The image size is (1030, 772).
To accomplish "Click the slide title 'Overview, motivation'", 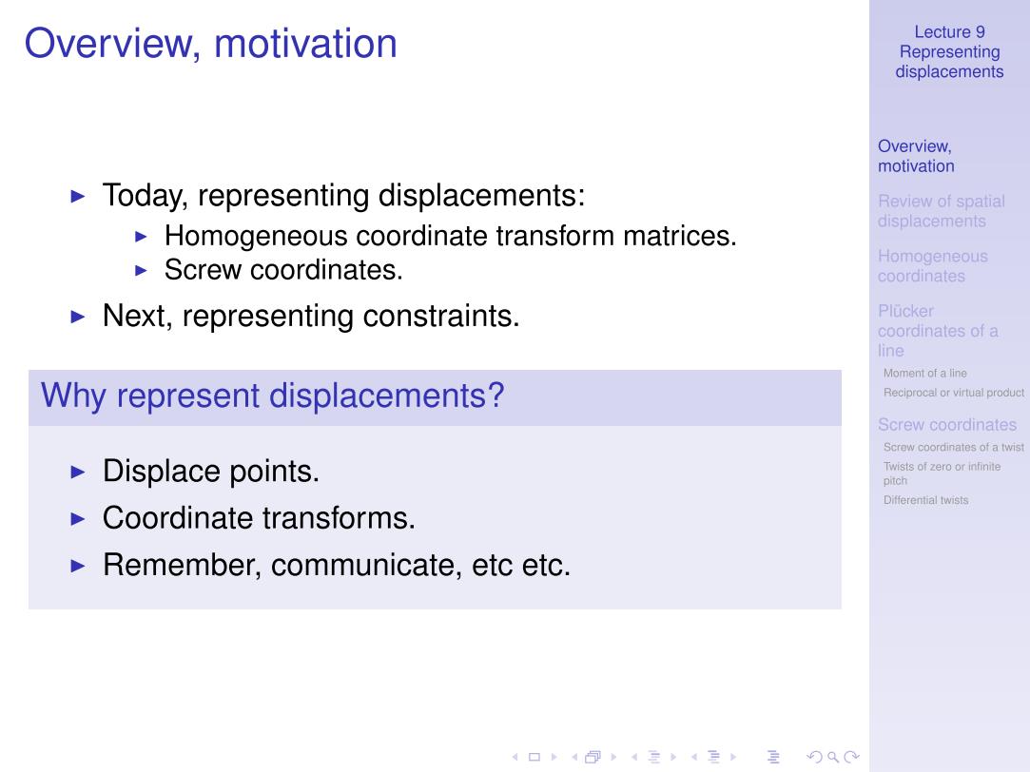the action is [211, 44].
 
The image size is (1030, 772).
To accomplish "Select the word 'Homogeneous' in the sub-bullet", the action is [256, 237].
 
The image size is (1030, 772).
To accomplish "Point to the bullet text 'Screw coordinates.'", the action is [283, 270].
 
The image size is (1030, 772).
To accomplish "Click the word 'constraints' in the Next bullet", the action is [440, 317].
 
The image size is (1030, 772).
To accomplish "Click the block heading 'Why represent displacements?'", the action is [273, 396].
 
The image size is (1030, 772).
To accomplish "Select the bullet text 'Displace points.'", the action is [211, 472].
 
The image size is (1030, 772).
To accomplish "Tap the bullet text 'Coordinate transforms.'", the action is [259, 518].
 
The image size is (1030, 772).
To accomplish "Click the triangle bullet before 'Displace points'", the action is [78, 472].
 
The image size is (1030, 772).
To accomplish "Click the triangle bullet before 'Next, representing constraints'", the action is [78, 317].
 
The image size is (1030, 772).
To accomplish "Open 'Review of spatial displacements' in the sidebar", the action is [942, 211].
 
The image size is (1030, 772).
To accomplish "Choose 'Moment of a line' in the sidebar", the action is [924, 373].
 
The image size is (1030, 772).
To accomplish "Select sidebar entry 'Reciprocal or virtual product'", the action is [954, 393].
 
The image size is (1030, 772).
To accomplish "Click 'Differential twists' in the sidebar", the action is [925, 500].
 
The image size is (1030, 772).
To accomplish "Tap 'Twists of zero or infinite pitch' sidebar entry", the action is [942, 473].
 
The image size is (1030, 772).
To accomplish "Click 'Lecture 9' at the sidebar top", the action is [950, 32].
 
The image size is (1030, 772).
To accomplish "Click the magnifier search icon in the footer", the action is [833, 757].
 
